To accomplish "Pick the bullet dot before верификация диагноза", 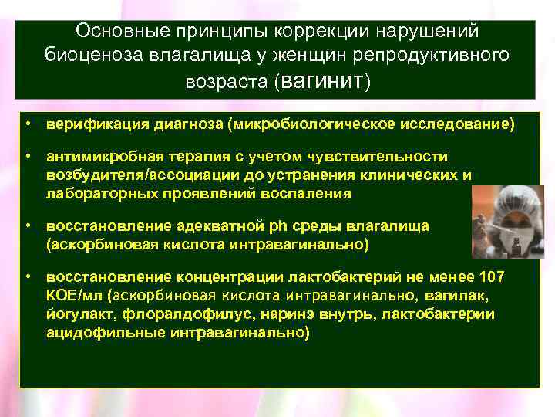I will coord(27,124).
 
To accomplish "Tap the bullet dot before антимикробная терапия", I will coord(27,157).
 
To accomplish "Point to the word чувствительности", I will coord(377,157).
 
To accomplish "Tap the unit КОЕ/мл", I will coord(74,297).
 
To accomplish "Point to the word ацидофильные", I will coord(97,333).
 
